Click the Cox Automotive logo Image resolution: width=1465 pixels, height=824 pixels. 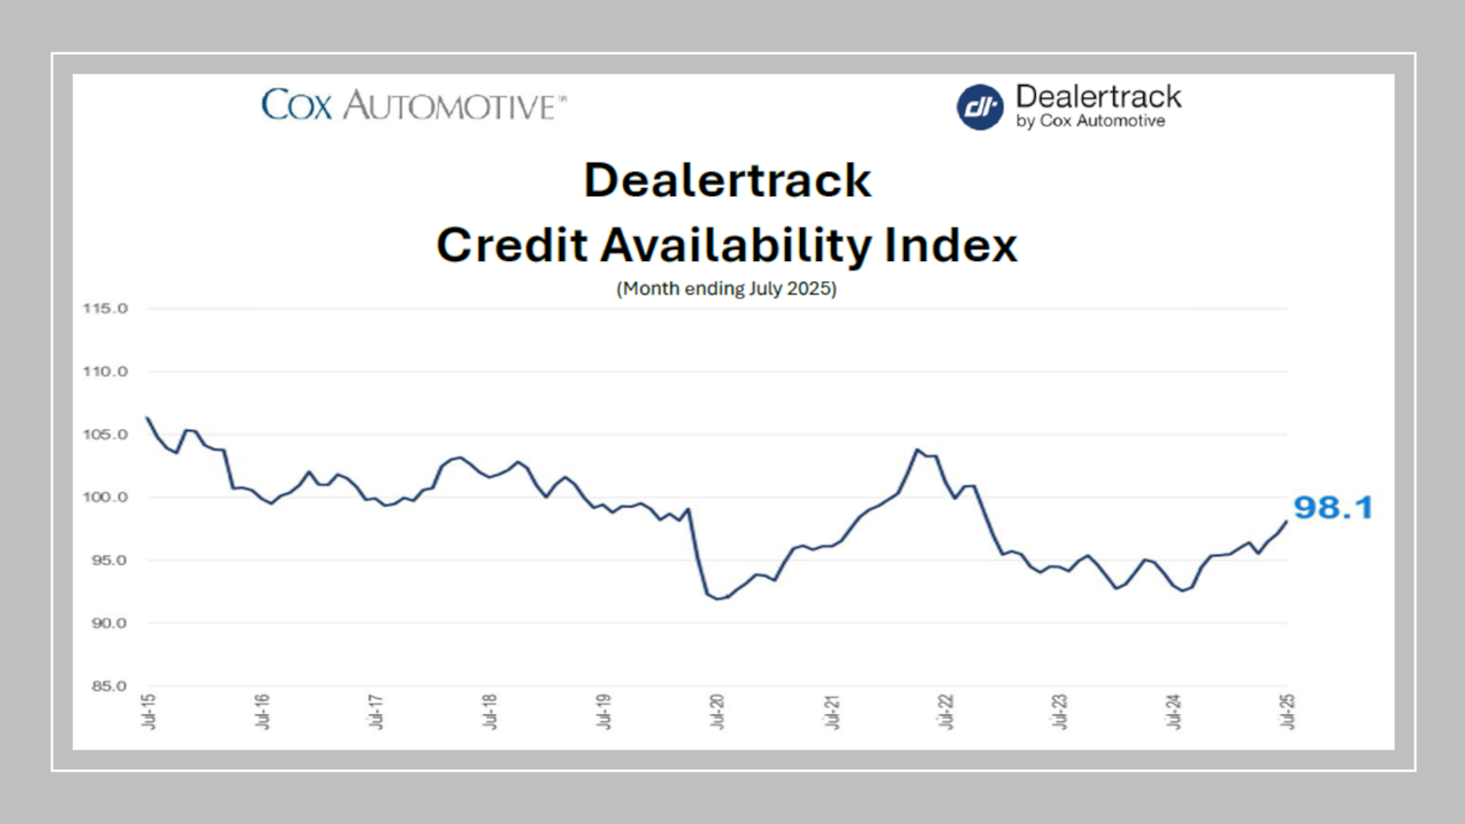(x=413, y=105)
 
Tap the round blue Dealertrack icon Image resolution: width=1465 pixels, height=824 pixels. (x=980, y=108)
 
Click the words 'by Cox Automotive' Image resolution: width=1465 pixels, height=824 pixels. (x=1091, y=121)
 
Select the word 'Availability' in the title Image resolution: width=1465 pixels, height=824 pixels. (x=735, y=245)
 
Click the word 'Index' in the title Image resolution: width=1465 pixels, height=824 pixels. (x=951, y=245)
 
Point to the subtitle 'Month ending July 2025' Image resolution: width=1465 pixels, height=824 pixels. (x=726, y=289)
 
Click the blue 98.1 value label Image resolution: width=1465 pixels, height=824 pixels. (x=1333, y=507)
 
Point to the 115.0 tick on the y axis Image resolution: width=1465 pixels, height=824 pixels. (x=105, y=309)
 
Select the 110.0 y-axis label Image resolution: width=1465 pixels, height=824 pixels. (x=105, y=371)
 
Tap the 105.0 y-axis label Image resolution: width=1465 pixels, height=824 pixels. (x=105, y=435)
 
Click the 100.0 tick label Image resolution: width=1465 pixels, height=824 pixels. (x=105, y=497)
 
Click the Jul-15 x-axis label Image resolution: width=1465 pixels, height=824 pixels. (x=148, y=711)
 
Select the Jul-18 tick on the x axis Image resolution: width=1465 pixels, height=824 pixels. (x=490, y=711)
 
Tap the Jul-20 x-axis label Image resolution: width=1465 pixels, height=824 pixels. (x=718, y=711)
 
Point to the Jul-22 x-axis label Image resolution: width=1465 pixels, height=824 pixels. (x=946, y=711)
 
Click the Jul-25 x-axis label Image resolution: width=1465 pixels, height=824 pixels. (x=1287, y=711)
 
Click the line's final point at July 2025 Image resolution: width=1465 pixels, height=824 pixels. (x=1286, y=521)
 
